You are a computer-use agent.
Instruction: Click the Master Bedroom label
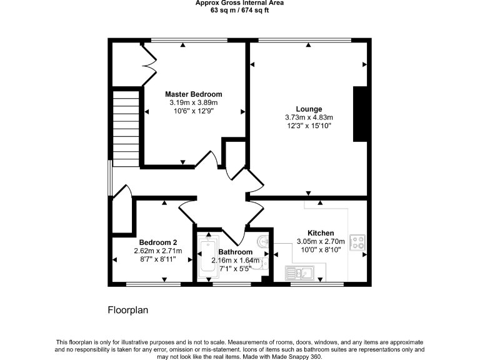click(x=193, y=94)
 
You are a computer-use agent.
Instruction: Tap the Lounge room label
click(x=309, y=109)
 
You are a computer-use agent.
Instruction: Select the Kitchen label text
click(x=320, y=233)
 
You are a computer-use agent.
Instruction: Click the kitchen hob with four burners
click(x=358, y=242)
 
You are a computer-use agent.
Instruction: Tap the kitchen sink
click(x=300, y=272)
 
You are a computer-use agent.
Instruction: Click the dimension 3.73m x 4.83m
click(x=309, y=117)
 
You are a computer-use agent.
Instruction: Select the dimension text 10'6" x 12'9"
click(x=193, y=111)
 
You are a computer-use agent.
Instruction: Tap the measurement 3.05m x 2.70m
click(x=320, y=241)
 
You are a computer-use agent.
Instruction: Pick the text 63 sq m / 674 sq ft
click(x=239, y=10)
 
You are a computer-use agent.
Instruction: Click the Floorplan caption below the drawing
click(x=127, y=309)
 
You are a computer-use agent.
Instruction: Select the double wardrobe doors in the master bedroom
click(x=149, y=62)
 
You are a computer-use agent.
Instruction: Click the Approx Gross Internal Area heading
click(x=239, y=2)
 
